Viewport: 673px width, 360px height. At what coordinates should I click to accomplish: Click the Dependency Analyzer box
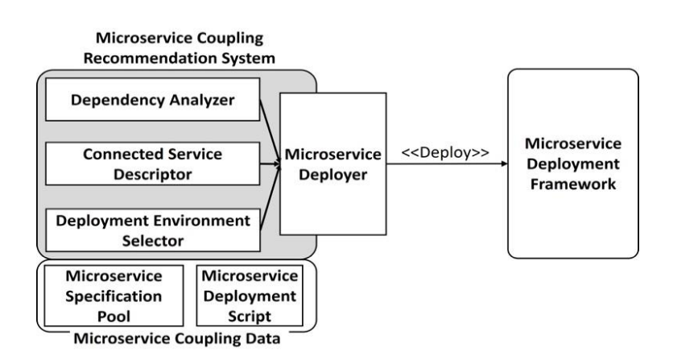[x=152, y=99]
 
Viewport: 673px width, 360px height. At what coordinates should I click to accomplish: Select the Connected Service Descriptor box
[x=152, y=163]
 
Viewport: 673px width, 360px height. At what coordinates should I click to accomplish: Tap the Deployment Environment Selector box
[x=152, y=230]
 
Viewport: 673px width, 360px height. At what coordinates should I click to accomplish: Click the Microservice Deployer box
[x=333, y=163]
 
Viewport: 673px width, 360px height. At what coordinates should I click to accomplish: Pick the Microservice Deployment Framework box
[x=573, y=163]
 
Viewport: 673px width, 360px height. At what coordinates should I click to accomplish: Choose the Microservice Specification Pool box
[x=114, y=296]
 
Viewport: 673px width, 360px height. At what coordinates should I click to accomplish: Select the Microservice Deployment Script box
[x=250, y=296]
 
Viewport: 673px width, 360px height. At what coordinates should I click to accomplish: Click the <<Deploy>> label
[x=445, y=152]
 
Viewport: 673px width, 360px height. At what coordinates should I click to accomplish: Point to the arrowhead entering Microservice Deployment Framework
[x=504, y=163]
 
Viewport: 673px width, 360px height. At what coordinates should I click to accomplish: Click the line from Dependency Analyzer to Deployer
[x=270, y=132]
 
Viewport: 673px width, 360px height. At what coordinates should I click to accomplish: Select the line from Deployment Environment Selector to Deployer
[x=270, y=197]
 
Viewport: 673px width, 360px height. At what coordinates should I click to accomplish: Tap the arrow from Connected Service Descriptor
[x=270, y=163]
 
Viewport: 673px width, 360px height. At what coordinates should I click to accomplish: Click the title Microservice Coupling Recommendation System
[x=180, y=48]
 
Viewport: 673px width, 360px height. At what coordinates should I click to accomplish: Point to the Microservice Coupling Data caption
[x=177, y=338]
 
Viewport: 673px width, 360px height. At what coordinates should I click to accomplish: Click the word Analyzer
[x=202, y=100]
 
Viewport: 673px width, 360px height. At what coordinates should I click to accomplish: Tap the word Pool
[x=114, y=317]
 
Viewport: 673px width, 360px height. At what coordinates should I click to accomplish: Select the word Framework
[x=573, y=184]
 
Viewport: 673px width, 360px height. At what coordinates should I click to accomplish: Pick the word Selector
[x=153, y=241]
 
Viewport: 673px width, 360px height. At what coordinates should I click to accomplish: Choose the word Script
[x=250, y=317]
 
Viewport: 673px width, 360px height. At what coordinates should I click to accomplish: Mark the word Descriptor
[x=152, y=175]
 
